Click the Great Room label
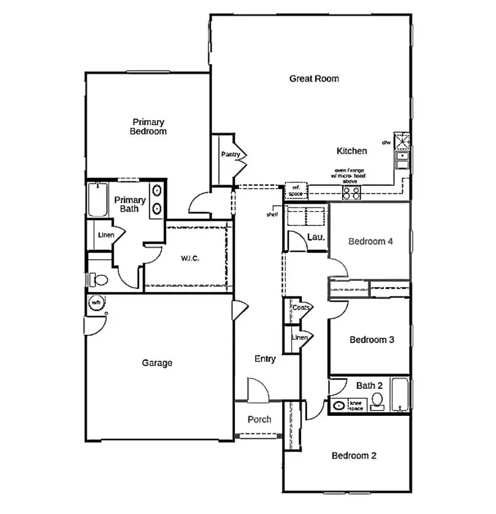(314, 79)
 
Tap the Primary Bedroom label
(148, 126)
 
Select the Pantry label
(230, 155)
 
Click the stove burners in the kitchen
(351, 193)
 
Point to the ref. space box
(296, 191)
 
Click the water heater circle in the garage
(96, 302)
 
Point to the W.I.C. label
(189, 258)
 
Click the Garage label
(157, 362)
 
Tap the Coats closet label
(300, 307)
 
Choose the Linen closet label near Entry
(299, 337)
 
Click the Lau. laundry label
(315, 237)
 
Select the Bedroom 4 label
(370, 241)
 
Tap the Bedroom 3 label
(372, 339)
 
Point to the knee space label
(356, 405)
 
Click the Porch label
(259, 420)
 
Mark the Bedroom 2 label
(354, 455)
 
